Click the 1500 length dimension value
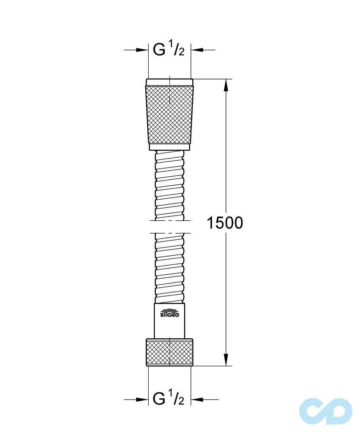(225, 223)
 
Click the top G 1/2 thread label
(169, 50)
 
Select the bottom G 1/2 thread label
(169, 399)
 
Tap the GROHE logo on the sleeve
(169, 313)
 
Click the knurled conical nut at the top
(169, 114)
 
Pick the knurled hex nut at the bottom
(169, 353)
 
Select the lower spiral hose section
(169, 268)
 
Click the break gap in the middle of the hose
(169, 226)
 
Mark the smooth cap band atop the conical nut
(169, 82)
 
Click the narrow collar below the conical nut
(169, 147)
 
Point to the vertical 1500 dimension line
(226, 173)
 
